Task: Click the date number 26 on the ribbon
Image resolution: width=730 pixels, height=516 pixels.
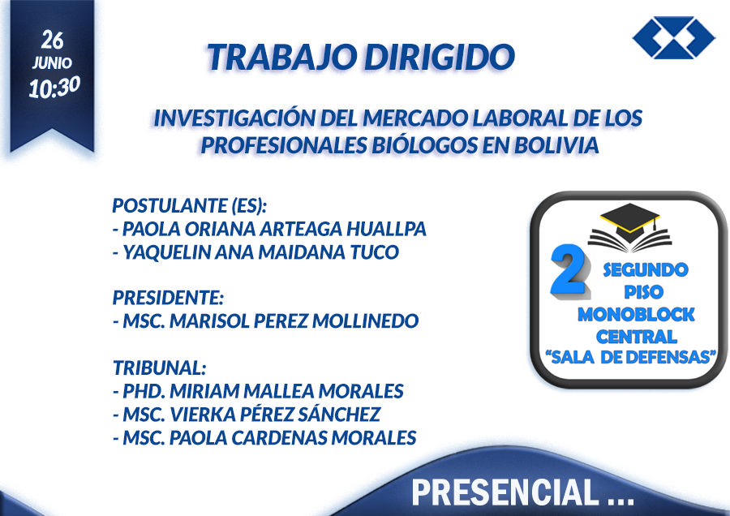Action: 52,40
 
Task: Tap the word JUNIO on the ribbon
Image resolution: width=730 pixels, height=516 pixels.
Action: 52,62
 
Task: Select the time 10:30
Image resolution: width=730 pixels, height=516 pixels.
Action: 54,87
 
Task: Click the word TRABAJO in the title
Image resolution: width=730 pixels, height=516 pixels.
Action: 282,57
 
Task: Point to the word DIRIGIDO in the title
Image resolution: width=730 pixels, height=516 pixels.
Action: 440,57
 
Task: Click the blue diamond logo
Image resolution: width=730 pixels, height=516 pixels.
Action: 674,37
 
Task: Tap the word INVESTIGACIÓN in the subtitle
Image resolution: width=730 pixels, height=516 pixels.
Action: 234,118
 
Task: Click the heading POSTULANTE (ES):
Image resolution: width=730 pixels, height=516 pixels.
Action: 190,205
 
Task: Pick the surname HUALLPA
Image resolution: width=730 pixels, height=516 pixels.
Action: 386,229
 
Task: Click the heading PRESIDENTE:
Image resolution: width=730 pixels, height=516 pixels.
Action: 168,298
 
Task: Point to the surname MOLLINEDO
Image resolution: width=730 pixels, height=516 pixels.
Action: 366,320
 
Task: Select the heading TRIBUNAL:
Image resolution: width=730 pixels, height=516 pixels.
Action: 159,368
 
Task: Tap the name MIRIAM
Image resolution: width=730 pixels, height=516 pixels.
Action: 204,391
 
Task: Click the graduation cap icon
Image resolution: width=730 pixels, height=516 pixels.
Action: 630,226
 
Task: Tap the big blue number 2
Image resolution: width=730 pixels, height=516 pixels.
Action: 569,271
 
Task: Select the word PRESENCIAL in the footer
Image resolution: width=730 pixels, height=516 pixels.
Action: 505,492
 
